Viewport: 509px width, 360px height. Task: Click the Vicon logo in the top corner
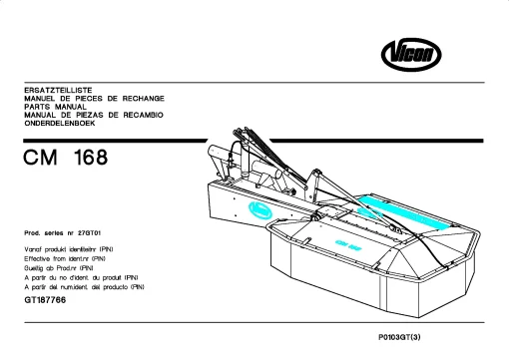[x=411, y=55]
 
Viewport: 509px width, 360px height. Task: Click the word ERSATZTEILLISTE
[x=58, y=90]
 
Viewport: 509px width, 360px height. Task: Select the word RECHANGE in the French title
[x=144, y=99]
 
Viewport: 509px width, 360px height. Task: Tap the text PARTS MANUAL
[x=55, y=107]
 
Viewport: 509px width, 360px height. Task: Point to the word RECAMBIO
[x=144, y=115]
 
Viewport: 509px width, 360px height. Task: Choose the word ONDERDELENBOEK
[x=60, y=124]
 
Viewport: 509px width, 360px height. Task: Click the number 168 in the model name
[x=91, y=158]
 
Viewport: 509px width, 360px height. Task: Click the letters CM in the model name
[x=40, y=158]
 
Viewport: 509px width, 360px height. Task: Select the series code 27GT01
[x=89, y=233]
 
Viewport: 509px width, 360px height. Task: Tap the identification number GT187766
[x=45, y=300]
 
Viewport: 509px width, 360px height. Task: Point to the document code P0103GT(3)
[x=399, y=337]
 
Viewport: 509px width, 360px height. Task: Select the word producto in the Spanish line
[x=115, y=287]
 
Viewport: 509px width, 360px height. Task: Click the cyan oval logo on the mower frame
[x=260, y=211]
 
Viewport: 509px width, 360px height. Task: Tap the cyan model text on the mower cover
[x=348, y=245]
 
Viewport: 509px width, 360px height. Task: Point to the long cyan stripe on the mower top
[x=404, y=212]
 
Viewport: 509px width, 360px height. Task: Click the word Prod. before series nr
[x=32, y=233]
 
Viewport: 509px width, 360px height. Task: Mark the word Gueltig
[x=34, y=268]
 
